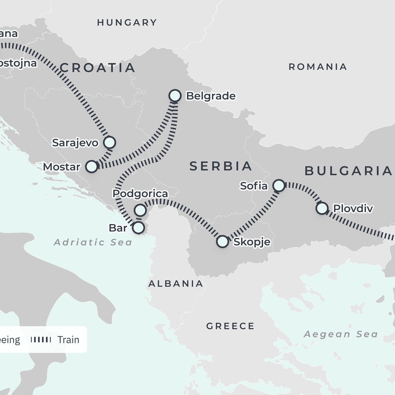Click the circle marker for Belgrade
pyautogui.click(x=175, y=96)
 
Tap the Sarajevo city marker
pyautogui.click(x=109, y=143)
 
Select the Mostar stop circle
pyautogui.click(x=92, y=167)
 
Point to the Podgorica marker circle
pyautogui.click(x=140, y=210)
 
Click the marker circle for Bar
pyautogui.click(x=138, y=227)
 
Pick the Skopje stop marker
pyautogui.click(x=223, y=242)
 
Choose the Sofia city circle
pyautogui.click(x=279, y=186)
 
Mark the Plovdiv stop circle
pyautogui.click(x=322, y=208)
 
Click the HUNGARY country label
pyautogui.click(x=127, y=22)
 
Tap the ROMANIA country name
pyautogui.click(x=318, y=67)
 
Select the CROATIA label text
pyautogui.click(x=97, y=68)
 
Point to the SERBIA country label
pyautogui.click(x=221, y=166)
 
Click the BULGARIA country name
pyautogui.click(x=348, y=171)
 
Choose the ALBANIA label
pyautogui.click(x=175, y=283)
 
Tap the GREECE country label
pyautogui.click(x=230, y=326)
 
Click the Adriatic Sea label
pyautogui.click(x=93, y=243)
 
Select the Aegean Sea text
pyautogui.click(x=341, y=334)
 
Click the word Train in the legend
pyautogui.click(x=68, y=340)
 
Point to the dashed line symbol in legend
pyautogui.click(x=41, y=340)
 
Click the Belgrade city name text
pyautogui.click(x=211, y=96)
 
